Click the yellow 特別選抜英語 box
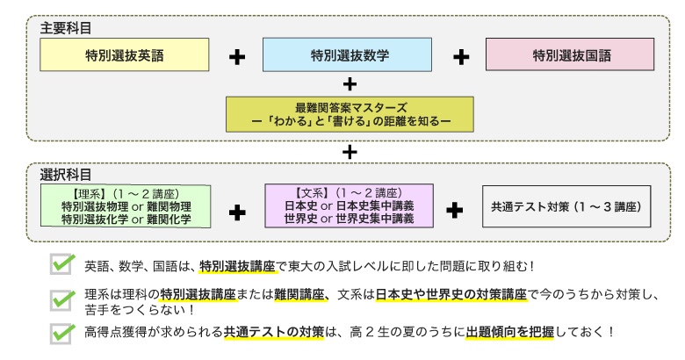(x=125, y=55)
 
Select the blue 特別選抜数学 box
(x=350, y=55)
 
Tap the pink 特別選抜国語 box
(x=572, y=55)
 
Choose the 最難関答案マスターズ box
(x=350, y=113)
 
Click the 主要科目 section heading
(x=66, y=28)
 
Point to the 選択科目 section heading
(x=66, y=174)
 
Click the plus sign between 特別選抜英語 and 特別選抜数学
(x=237, y=57)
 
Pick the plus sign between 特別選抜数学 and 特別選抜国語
(x=461, y=57)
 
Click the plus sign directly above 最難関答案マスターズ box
(x=350, y=83)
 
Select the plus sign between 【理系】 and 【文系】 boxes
(x=237, y=211)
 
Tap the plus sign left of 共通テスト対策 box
(x=454, y=210)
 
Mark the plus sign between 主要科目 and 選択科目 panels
(x=350, y=151)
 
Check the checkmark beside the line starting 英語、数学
(x=61, y=264)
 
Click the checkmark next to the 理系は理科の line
(x=61, y=300)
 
